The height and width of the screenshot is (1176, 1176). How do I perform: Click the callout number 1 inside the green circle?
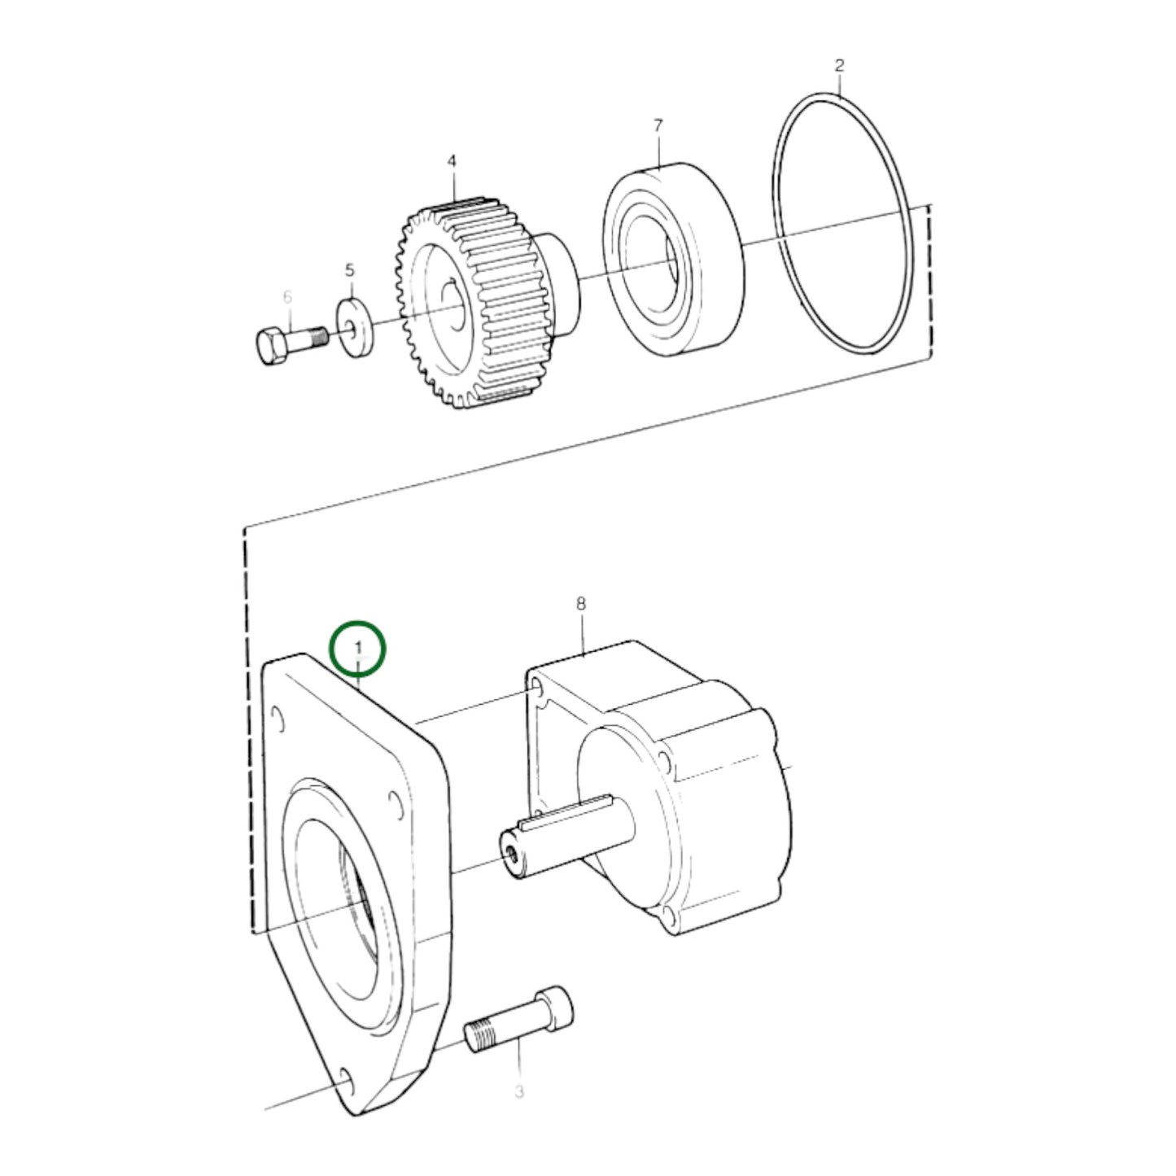[357, 646]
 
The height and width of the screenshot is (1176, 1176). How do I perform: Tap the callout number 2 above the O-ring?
[840, 65]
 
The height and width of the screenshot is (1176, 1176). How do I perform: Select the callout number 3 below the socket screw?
[518, 1091]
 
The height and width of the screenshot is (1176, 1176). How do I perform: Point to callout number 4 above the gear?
[452, 161]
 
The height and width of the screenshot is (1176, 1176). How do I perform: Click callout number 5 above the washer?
[350, 269]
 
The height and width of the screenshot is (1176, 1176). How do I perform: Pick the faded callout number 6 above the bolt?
[287, 297]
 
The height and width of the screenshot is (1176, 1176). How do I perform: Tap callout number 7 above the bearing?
[658, 125]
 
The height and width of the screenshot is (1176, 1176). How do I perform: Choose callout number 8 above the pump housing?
[580, 604]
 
